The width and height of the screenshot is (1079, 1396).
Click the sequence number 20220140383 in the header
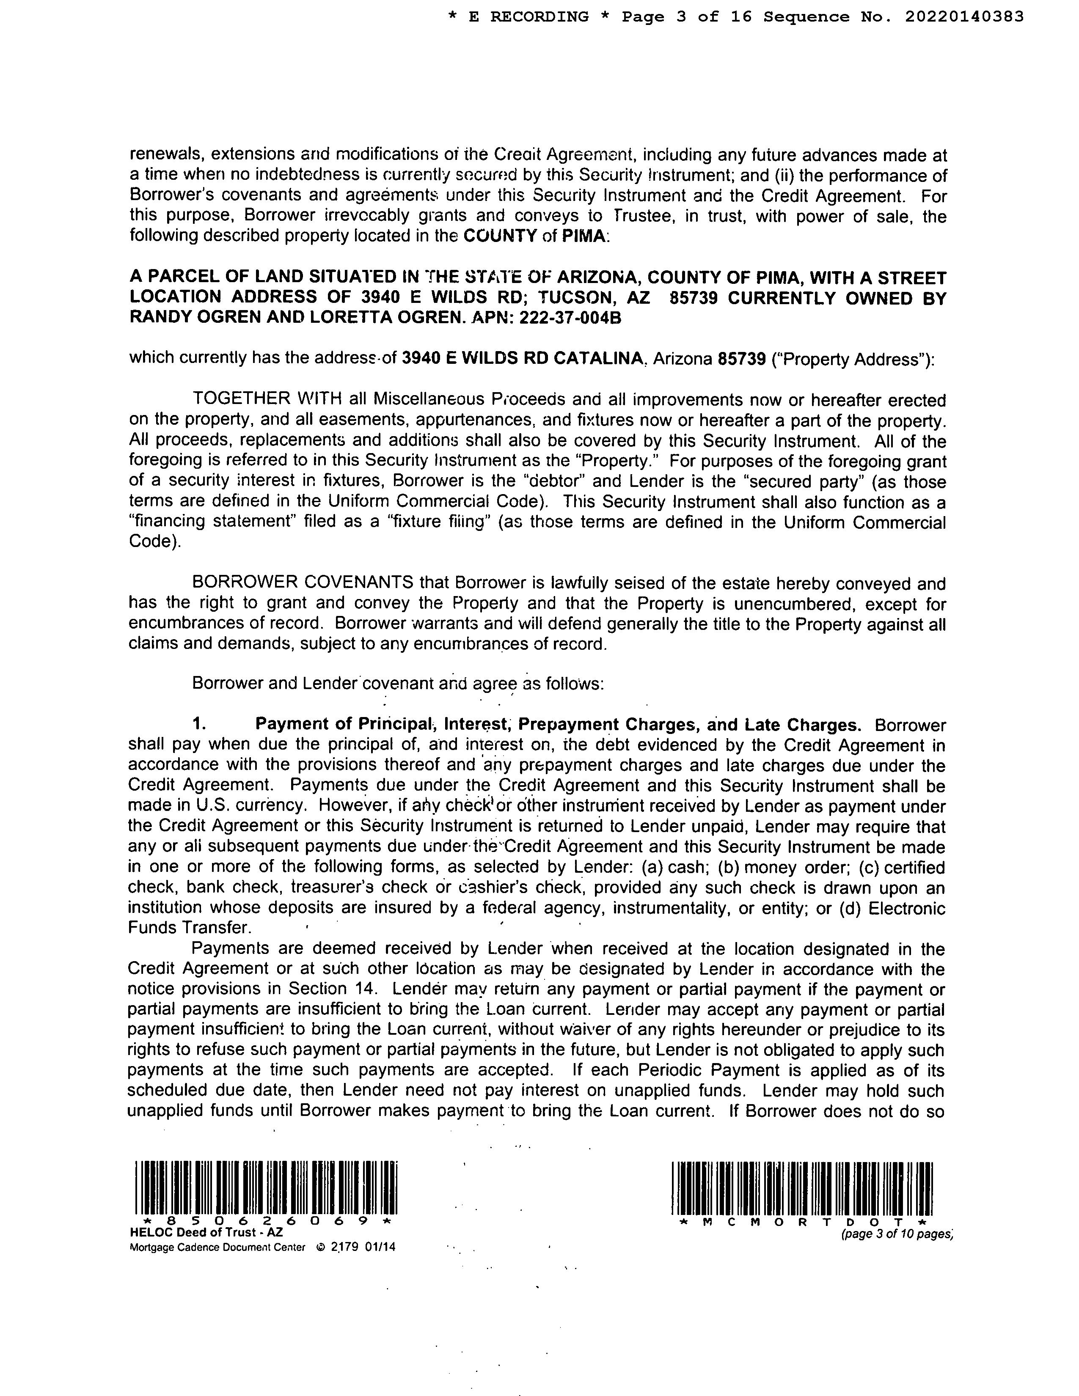[964, 16]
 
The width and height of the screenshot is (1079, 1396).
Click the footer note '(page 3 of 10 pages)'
[897, 1234]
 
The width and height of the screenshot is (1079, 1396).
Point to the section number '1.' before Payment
[199, 724]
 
